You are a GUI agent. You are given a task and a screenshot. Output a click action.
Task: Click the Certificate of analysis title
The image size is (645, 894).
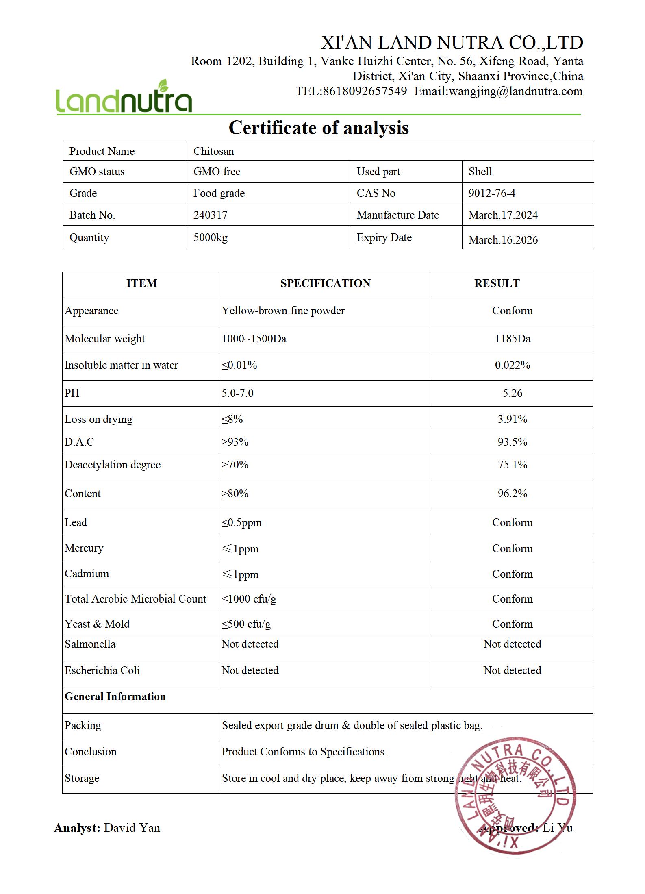tap(319, 128)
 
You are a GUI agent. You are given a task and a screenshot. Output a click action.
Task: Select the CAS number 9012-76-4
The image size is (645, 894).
tap(492, 193)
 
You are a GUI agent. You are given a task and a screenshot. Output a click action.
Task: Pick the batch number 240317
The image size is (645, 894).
tap(210, 215)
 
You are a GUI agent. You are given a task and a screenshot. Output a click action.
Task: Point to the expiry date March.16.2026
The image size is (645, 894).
tap(503, 239)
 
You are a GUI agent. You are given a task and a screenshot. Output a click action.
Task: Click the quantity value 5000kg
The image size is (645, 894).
tap(210, 237)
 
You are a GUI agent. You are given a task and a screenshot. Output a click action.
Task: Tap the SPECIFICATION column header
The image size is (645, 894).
tap(325, 283)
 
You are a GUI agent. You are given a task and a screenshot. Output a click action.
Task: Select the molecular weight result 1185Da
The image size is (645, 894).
tap(512, 339)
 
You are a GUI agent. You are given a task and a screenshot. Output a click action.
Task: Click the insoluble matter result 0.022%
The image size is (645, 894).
tap(512, 365)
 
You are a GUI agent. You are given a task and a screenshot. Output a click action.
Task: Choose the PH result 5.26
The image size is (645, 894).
tap(512, 393)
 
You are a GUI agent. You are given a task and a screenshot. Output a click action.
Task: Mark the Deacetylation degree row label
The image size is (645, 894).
tap(113, 465)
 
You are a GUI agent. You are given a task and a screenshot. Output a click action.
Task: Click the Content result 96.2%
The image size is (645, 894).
tap(512, 494)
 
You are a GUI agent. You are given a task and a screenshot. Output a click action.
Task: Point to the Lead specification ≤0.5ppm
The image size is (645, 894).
tap(241, 522)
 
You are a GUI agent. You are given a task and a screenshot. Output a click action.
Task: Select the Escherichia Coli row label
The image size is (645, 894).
tap(102, 670)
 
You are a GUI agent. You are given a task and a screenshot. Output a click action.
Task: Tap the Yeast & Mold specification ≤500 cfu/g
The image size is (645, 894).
tap(246, 624)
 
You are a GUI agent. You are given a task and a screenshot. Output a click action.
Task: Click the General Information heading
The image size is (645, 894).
tap(115, 696)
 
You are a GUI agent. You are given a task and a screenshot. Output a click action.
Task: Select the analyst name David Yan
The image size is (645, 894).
tap(132, 828)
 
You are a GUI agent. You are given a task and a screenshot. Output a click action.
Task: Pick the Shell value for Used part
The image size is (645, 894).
tap(480, 172)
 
